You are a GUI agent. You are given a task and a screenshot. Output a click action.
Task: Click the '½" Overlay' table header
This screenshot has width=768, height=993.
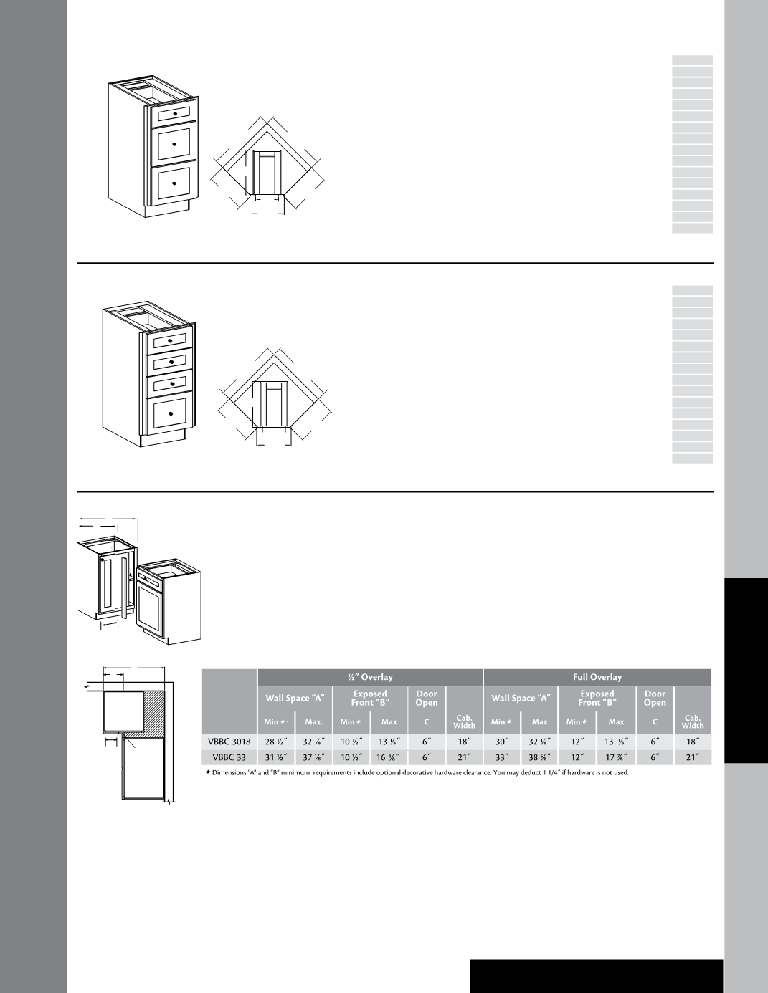pyautogui.click(x=370, y=677)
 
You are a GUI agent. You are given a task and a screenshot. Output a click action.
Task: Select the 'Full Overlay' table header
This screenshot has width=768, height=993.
pyautogui.click(x=597, y=677)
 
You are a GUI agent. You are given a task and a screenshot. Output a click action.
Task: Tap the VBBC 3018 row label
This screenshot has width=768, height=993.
pyautogui.click(x=229, y=742)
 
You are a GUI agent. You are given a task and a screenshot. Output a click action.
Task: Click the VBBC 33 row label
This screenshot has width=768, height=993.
pyautogui.click(x=229, y=757)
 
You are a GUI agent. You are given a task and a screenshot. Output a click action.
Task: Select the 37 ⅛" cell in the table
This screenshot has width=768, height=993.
pyautogui.click(x=314, y=757)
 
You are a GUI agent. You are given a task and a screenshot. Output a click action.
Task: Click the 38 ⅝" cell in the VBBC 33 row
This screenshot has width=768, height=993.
pyautogui.click(x=539, y=757)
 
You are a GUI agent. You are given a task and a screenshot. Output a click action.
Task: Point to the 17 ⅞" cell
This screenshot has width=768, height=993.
pyautogui.click(x=616, y=757)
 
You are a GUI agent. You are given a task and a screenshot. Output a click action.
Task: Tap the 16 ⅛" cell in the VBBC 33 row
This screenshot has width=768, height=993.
pyautogui.click(x=389, y=757)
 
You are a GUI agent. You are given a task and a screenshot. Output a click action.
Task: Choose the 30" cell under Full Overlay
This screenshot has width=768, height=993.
pyautogui.click(x=501, y=742)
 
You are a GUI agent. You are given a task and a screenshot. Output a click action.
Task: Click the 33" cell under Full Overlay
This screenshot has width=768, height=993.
pyautogui.click(x=501, y=757)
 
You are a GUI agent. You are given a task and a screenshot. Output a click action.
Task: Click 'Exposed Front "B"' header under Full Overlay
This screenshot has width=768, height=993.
pyautogui.click(x=597, y=698)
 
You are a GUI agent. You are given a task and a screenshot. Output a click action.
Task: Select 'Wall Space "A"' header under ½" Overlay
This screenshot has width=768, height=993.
pyautogui.click(x=295, y=698)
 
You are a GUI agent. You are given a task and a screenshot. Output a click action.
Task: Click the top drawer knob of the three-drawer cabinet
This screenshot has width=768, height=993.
pyautogui.click(x=175, y=114)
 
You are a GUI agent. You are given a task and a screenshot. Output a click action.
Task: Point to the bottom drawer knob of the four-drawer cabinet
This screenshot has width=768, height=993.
pyautogui.click(x=170, y=413)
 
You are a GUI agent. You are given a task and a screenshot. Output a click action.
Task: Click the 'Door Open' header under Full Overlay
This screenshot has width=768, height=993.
pyautogui.click(x=655, y=698)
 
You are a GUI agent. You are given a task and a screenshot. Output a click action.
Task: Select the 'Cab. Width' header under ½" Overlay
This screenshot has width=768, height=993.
pyautogui.click(x=464, y=721)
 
